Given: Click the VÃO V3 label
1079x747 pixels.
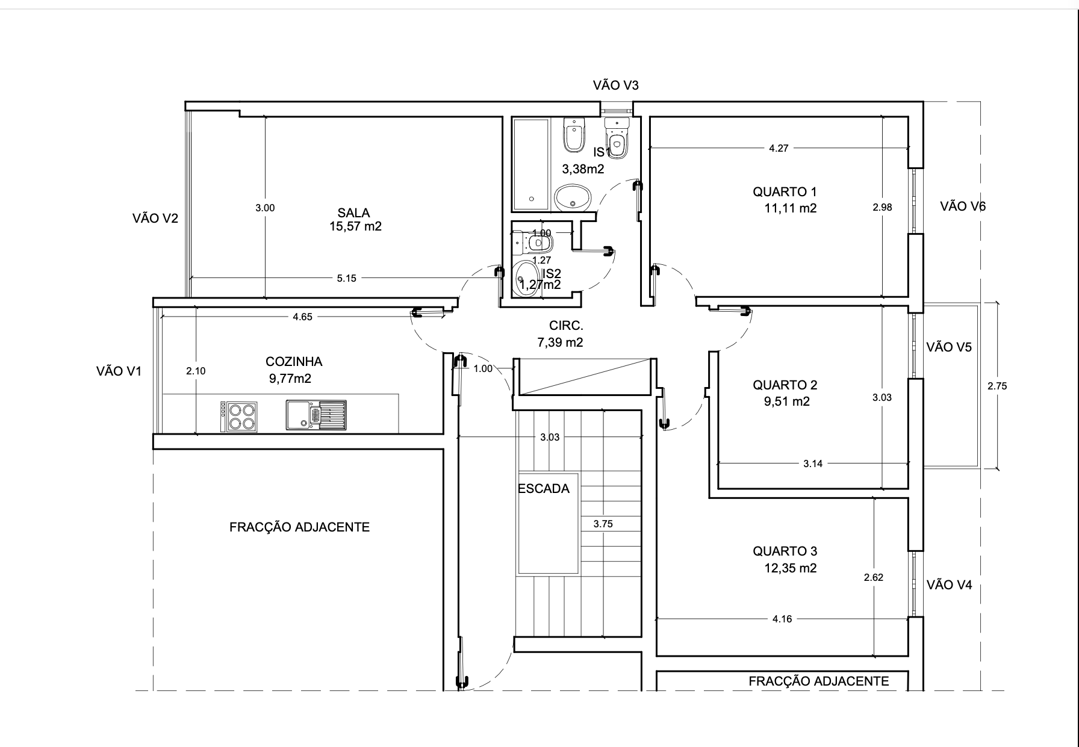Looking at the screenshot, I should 615,85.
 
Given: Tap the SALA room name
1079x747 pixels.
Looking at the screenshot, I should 353,212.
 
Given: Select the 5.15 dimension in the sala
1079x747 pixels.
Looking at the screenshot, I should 346,278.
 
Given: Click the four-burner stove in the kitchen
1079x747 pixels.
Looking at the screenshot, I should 239,416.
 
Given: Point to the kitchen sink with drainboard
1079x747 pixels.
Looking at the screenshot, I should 316,415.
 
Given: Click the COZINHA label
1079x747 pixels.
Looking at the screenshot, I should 294,362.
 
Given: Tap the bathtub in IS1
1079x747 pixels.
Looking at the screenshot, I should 530,164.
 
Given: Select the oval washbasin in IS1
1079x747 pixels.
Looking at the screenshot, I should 572,197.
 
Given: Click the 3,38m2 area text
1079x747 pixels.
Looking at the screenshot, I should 583,169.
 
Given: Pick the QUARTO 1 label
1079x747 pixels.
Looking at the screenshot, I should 785,192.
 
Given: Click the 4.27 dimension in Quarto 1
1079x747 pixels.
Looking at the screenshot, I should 779,148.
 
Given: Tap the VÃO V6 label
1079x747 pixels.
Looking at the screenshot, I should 963,206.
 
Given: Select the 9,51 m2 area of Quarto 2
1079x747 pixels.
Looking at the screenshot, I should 787,401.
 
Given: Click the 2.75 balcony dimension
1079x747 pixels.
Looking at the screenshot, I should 997,386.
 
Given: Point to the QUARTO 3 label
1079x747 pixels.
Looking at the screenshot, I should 785,551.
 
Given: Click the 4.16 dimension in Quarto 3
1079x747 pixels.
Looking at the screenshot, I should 782,619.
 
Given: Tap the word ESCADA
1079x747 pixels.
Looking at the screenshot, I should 544,489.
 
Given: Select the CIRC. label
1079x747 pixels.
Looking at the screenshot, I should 566,326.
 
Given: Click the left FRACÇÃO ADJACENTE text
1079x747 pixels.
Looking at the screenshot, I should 299,527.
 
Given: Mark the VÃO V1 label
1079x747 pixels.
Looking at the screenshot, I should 119,371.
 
